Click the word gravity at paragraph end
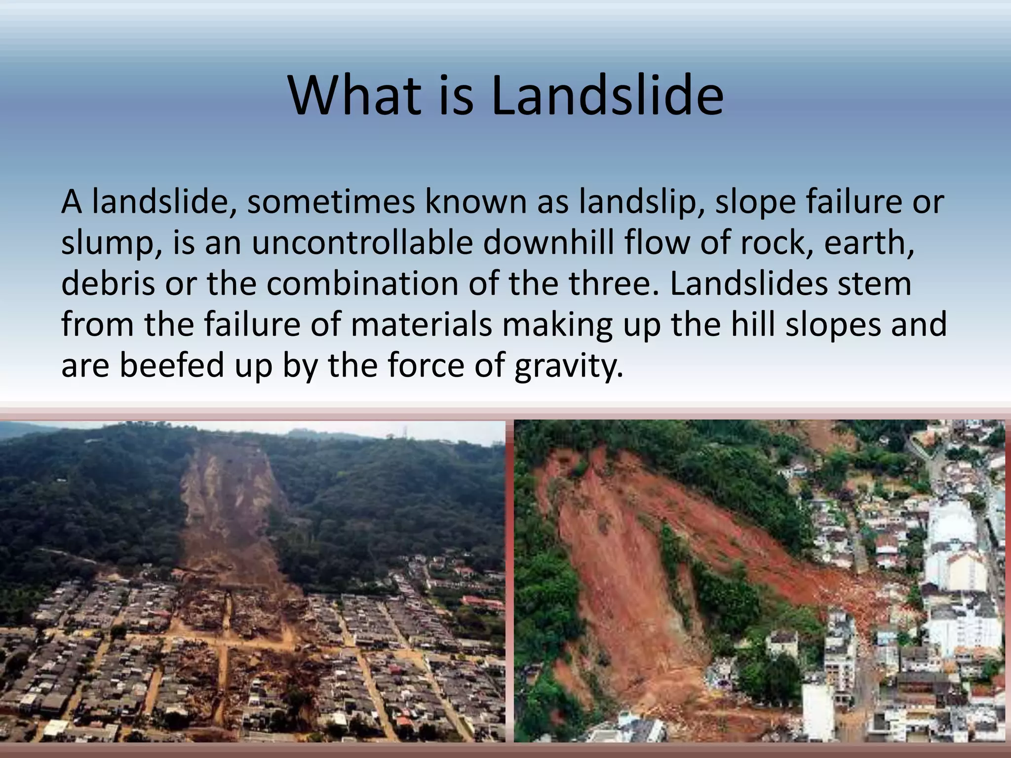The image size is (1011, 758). pos(568,366)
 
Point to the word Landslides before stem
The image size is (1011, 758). pos(748,284)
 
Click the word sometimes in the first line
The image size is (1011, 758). pos(331,202)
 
